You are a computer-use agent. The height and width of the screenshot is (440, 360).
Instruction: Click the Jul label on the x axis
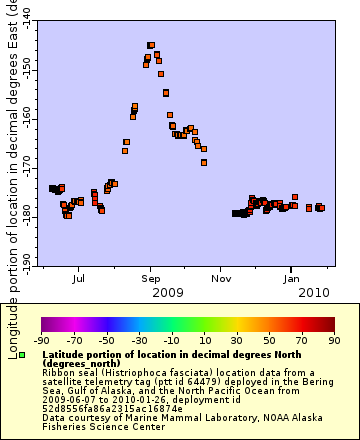point(79,279)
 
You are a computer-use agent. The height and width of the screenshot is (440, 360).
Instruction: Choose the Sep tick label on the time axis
point(151,279)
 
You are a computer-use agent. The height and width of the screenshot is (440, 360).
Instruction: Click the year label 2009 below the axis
point(167,293)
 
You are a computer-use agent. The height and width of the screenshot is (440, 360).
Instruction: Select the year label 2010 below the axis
point(314,293)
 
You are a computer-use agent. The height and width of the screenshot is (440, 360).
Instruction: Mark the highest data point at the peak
point(151,45)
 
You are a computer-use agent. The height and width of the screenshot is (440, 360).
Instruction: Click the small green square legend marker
point(22,355)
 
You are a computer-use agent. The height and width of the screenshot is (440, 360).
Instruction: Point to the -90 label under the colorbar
point(42,339)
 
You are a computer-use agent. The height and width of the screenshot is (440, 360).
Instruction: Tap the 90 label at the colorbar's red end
point(334,339)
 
